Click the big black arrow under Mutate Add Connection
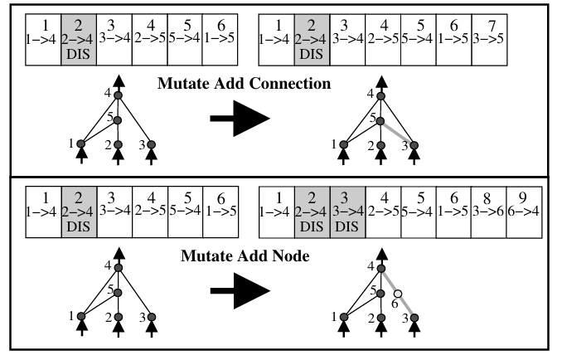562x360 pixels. (240, 118)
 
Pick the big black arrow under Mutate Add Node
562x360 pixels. (240, 291)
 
